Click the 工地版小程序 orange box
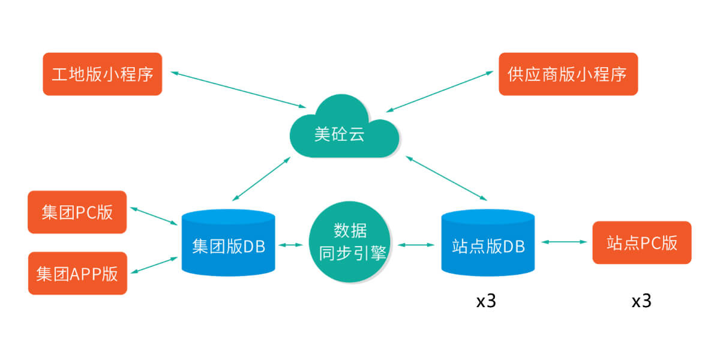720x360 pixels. [103, 74]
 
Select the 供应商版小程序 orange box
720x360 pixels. [568, 74]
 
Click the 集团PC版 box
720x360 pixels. [77, 212]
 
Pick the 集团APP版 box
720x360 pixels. [77, 274]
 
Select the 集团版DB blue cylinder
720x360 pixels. [229, 243]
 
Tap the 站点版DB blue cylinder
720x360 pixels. [488, 243]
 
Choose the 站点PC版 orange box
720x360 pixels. [641, 242]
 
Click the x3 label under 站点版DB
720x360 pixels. [486, 301]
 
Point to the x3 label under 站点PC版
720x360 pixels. [641, 301]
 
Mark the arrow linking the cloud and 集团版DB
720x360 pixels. [261, 179]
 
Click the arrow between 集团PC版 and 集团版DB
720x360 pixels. [154, 216]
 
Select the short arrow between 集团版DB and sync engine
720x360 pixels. [291, 244]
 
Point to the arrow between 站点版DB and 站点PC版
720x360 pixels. [564, 242]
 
